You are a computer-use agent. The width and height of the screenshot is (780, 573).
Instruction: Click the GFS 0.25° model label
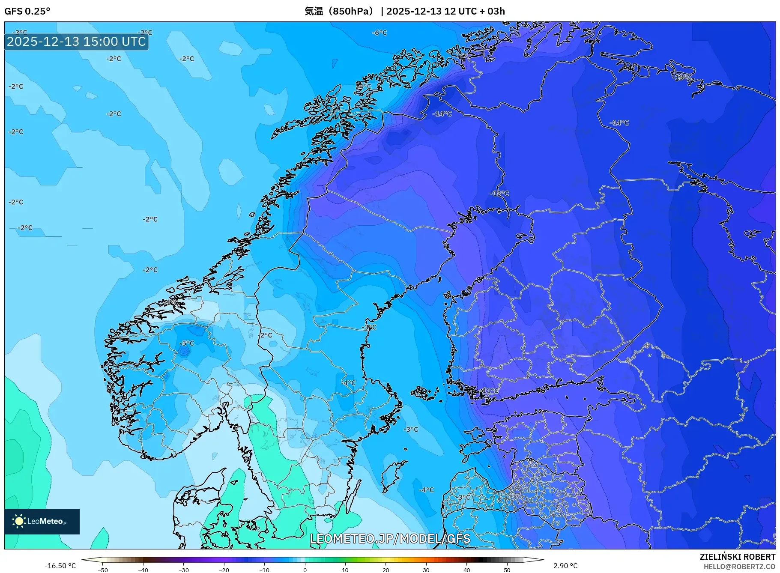coord(27,11)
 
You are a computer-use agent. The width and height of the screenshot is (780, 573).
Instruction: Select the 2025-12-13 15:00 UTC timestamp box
coord(76,42)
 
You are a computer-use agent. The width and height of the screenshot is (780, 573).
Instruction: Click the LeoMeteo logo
coord(42,521)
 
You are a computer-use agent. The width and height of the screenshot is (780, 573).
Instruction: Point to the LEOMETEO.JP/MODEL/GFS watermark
coord(390,538)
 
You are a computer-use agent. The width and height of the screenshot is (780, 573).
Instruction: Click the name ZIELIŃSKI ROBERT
coord(737,557)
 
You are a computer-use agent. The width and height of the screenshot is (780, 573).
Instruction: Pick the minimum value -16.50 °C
coord(60,566)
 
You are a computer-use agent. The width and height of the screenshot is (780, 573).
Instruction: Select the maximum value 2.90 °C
coord(565,566)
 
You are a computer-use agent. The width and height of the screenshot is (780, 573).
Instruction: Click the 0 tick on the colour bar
coord(305,570)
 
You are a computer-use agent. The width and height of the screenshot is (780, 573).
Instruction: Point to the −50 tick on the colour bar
coord(102,570)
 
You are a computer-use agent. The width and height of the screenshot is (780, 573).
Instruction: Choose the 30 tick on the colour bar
coord(426,570)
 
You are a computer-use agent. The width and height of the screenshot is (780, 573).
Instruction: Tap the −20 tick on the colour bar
coord(224,570)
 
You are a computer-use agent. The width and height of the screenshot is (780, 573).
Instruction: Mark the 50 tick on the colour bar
coord(507,570)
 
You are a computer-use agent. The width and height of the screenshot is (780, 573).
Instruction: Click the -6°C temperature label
coord(379,33)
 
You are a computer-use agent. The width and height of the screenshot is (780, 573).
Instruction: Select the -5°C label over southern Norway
coord(187,343)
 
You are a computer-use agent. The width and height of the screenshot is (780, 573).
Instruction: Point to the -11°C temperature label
coord(490,391)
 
